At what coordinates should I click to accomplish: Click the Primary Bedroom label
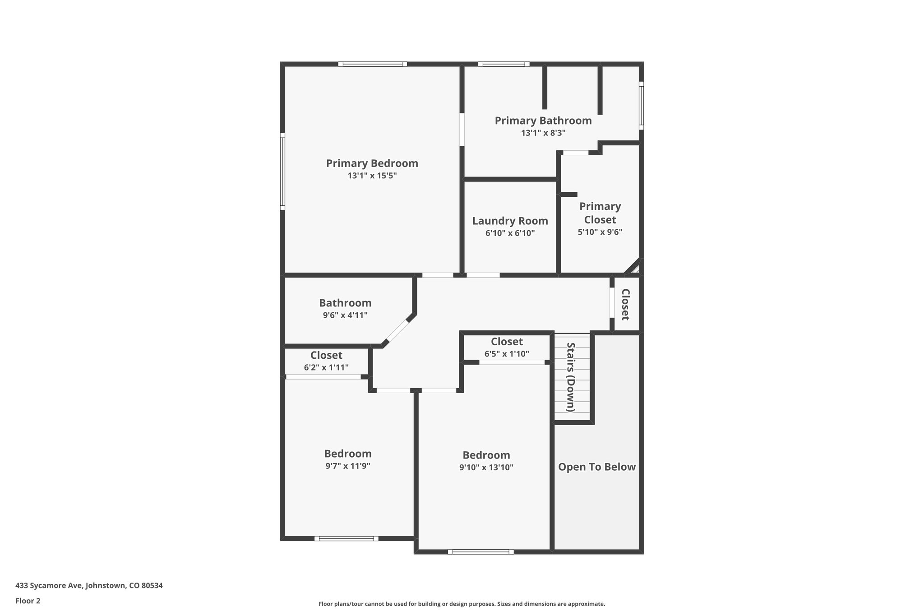372,163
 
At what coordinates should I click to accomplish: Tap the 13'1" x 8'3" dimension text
543,133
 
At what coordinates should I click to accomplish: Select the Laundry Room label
510,221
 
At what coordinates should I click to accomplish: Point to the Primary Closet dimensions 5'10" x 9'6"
600,232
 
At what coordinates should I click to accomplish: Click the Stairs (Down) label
571,377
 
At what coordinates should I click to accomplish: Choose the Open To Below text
596,467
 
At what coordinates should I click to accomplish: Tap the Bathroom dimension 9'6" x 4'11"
345,315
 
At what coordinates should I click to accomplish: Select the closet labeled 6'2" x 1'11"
326,361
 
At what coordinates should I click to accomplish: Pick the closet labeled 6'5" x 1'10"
507,347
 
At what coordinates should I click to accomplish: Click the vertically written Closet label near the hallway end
625,304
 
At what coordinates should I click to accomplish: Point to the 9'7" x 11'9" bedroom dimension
347,466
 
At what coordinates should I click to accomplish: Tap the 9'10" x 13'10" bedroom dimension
486,468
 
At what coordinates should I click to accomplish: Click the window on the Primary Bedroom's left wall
282,171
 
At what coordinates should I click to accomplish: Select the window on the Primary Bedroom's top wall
373,64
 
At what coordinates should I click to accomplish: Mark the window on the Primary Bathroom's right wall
641,106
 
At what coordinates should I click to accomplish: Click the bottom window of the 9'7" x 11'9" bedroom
346,538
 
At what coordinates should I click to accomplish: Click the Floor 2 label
28,601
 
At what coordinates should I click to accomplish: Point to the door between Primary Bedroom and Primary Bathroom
462,130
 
